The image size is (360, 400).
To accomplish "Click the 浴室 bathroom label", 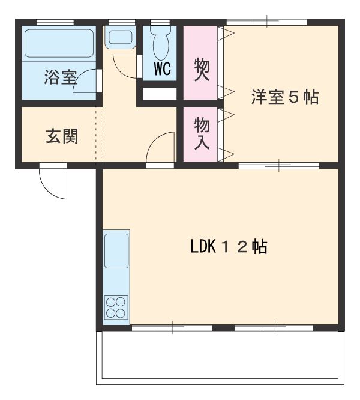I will tap(60, 77).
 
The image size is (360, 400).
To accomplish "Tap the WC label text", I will tap(162, 68).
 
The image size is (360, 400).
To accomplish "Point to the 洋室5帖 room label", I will tap(284, 97).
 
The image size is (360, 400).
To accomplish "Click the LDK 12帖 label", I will tap(229, 247).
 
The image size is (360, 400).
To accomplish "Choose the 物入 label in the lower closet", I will tap(201, 134).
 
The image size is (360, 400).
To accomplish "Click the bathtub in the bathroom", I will tap(59, 43).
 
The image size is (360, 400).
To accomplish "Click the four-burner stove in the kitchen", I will tap(116, 308).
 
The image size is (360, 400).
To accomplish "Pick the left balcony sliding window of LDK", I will tap(172, 328).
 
